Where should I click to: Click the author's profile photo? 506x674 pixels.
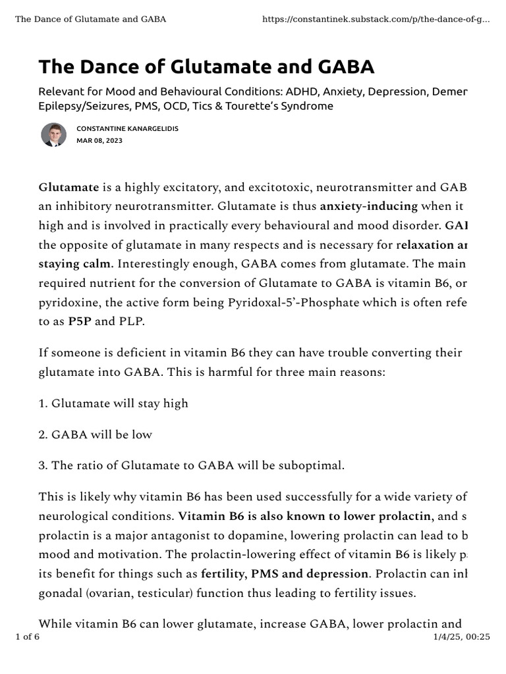pyautogui.click(x=53, y=134)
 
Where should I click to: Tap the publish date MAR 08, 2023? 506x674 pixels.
pyautogui.click(x=99, y=141)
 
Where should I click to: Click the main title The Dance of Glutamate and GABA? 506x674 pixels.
pyautogui.click(x=206, y=66)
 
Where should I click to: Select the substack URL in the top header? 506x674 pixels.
pyautogui.click(x=376, y=19)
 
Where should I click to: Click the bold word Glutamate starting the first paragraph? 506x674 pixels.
pyautogui.click(x=69, y=188)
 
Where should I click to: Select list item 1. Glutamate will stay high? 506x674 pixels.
pyautogui.click(x=113, y=403)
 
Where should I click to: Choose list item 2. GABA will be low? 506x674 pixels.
pyautogui.click(x=96, y=434)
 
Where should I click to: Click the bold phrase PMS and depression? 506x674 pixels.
pyautogui.click(x=312, y=573)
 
